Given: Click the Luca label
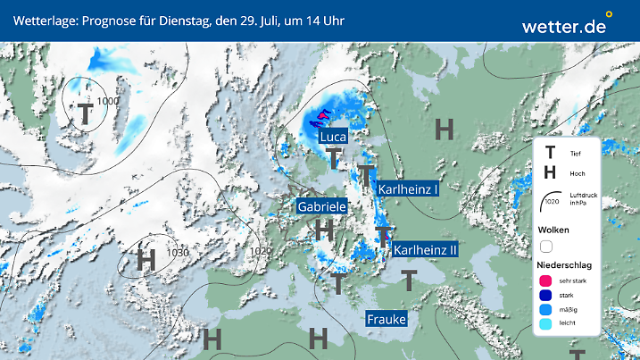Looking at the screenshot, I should [x=333, y=138].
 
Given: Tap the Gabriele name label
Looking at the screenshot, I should [x=322, y=205].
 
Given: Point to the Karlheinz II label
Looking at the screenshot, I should [x=425, y=250].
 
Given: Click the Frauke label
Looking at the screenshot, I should [x=386, y=319].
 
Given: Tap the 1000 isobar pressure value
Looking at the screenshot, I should [x=108, y=101].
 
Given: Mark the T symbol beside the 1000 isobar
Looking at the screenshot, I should [x=85, y=113].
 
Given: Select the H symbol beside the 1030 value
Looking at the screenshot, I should [x=146, y=260].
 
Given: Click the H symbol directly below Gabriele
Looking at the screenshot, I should [x=325, y=230].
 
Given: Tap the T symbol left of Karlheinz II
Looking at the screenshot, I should [x=383, y=237].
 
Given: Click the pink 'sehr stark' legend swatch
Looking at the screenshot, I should [x=546, y=280].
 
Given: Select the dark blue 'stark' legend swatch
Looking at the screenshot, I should [x=546, y=295].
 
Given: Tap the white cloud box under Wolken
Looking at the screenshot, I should [x=546, y=246].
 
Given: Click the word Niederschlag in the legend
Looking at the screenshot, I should [x=564, y=265].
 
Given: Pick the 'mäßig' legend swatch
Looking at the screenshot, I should [x=546, y=310].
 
